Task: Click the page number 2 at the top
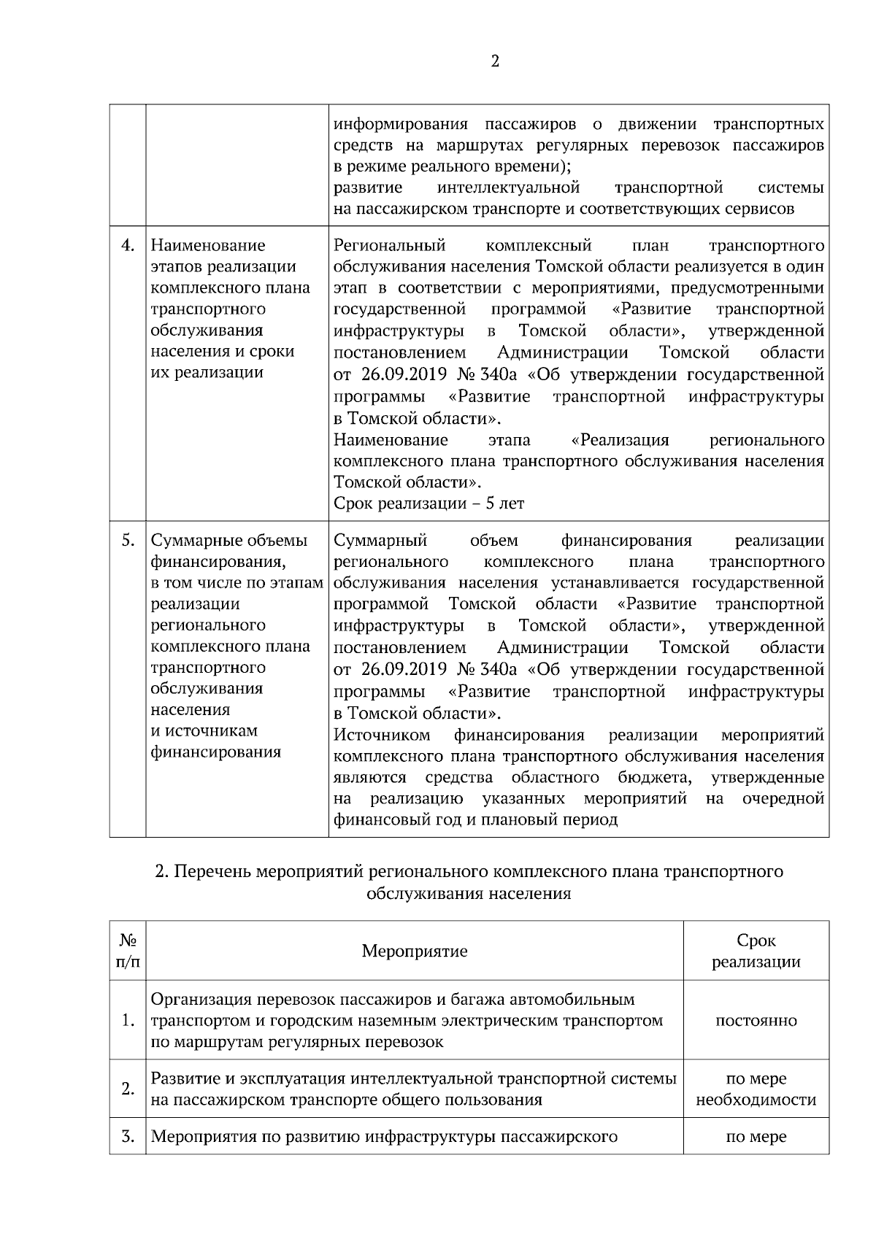pyautogui.click(x=495, y=61)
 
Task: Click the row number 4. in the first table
pyautogui.click(x=128, y=245)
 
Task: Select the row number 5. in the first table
pyautogui.click(x=128, y=540)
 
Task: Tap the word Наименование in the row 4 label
pyautogui.click(x=208, y=245)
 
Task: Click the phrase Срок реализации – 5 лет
pyautogui.click(x=429, y=503)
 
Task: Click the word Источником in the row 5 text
pyautogui.click(x=381, y=735)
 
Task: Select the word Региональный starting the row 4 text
pyautogui.click(x=389, y=245)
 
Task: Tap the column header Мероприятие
pyautogui.click(x=415, y=951)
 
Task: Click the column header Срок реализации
pyautogui.click(x=756, y=951)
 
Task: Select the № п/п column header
pyautogui.click(x=128, y=951)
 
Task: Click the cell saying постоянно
pyautogui.click(x=756, y=1020)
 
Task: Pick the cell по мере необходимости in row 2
pyautogui.click(x=756, y=1089)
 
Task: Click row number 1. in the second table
pyautogui.click(x=128, y=1020)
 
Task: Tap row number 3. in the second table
pyautogui.click(x=128, y=1136)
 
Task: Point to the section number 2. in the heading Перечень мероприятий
pyautogui.click(x=163, y=872)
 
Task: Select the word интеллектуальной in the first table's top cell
pyautogui.click(x=508, y=188)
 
